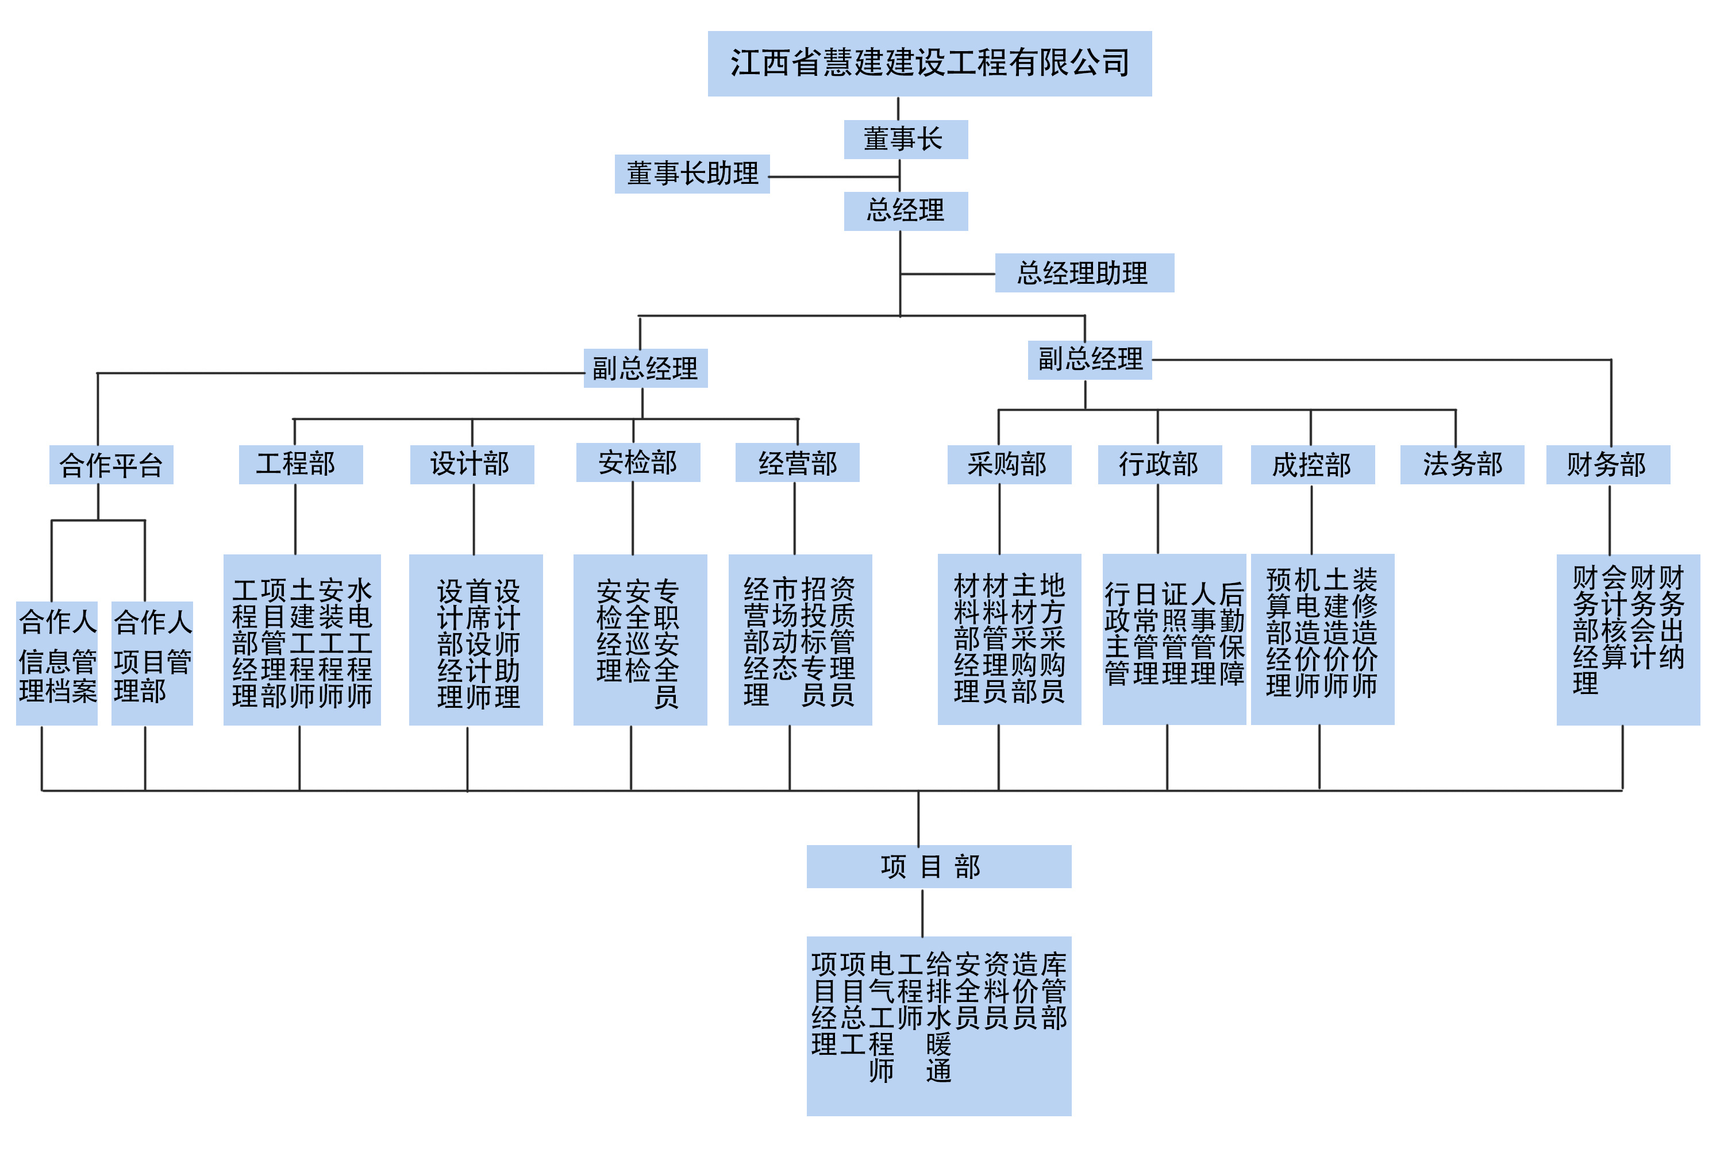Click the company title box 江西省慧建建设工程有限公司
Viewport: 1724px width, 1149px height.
coord(929,64)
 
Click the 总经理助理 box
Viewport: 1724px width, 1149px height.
coord(1084,273)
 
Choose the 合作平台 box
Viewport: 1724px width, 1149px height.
coord(111,465)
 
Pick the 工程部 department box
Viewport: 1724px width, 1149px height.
coord(301,465)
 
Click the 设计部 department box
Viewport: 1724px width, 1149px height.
coord(471,465)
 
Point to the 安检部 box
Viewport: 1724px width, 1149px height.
coord(638,462)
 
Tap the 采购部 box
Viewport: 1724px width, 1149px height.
coord(1009,465)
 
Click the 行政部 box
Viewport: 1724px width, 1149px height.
coord(1160,465)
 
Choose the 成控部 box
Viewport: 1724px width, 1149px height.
coord(1312,465)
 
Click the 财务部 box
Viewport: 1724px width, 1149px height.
coord(1607,465)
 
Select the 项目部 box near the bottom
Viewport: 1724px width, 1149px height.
coord(938,866)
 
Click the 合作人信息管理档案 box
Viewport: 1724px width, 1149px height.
coord(56,663)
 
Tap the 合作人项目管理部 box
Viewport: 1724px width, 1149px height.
coord(152,663)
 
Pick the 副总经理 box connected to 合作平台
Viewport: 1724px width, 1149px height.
coord(645,368)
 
